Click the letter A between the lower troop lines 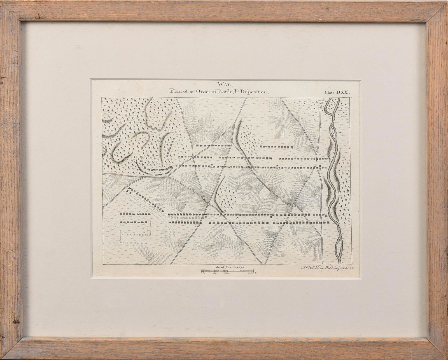[237, 218]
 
